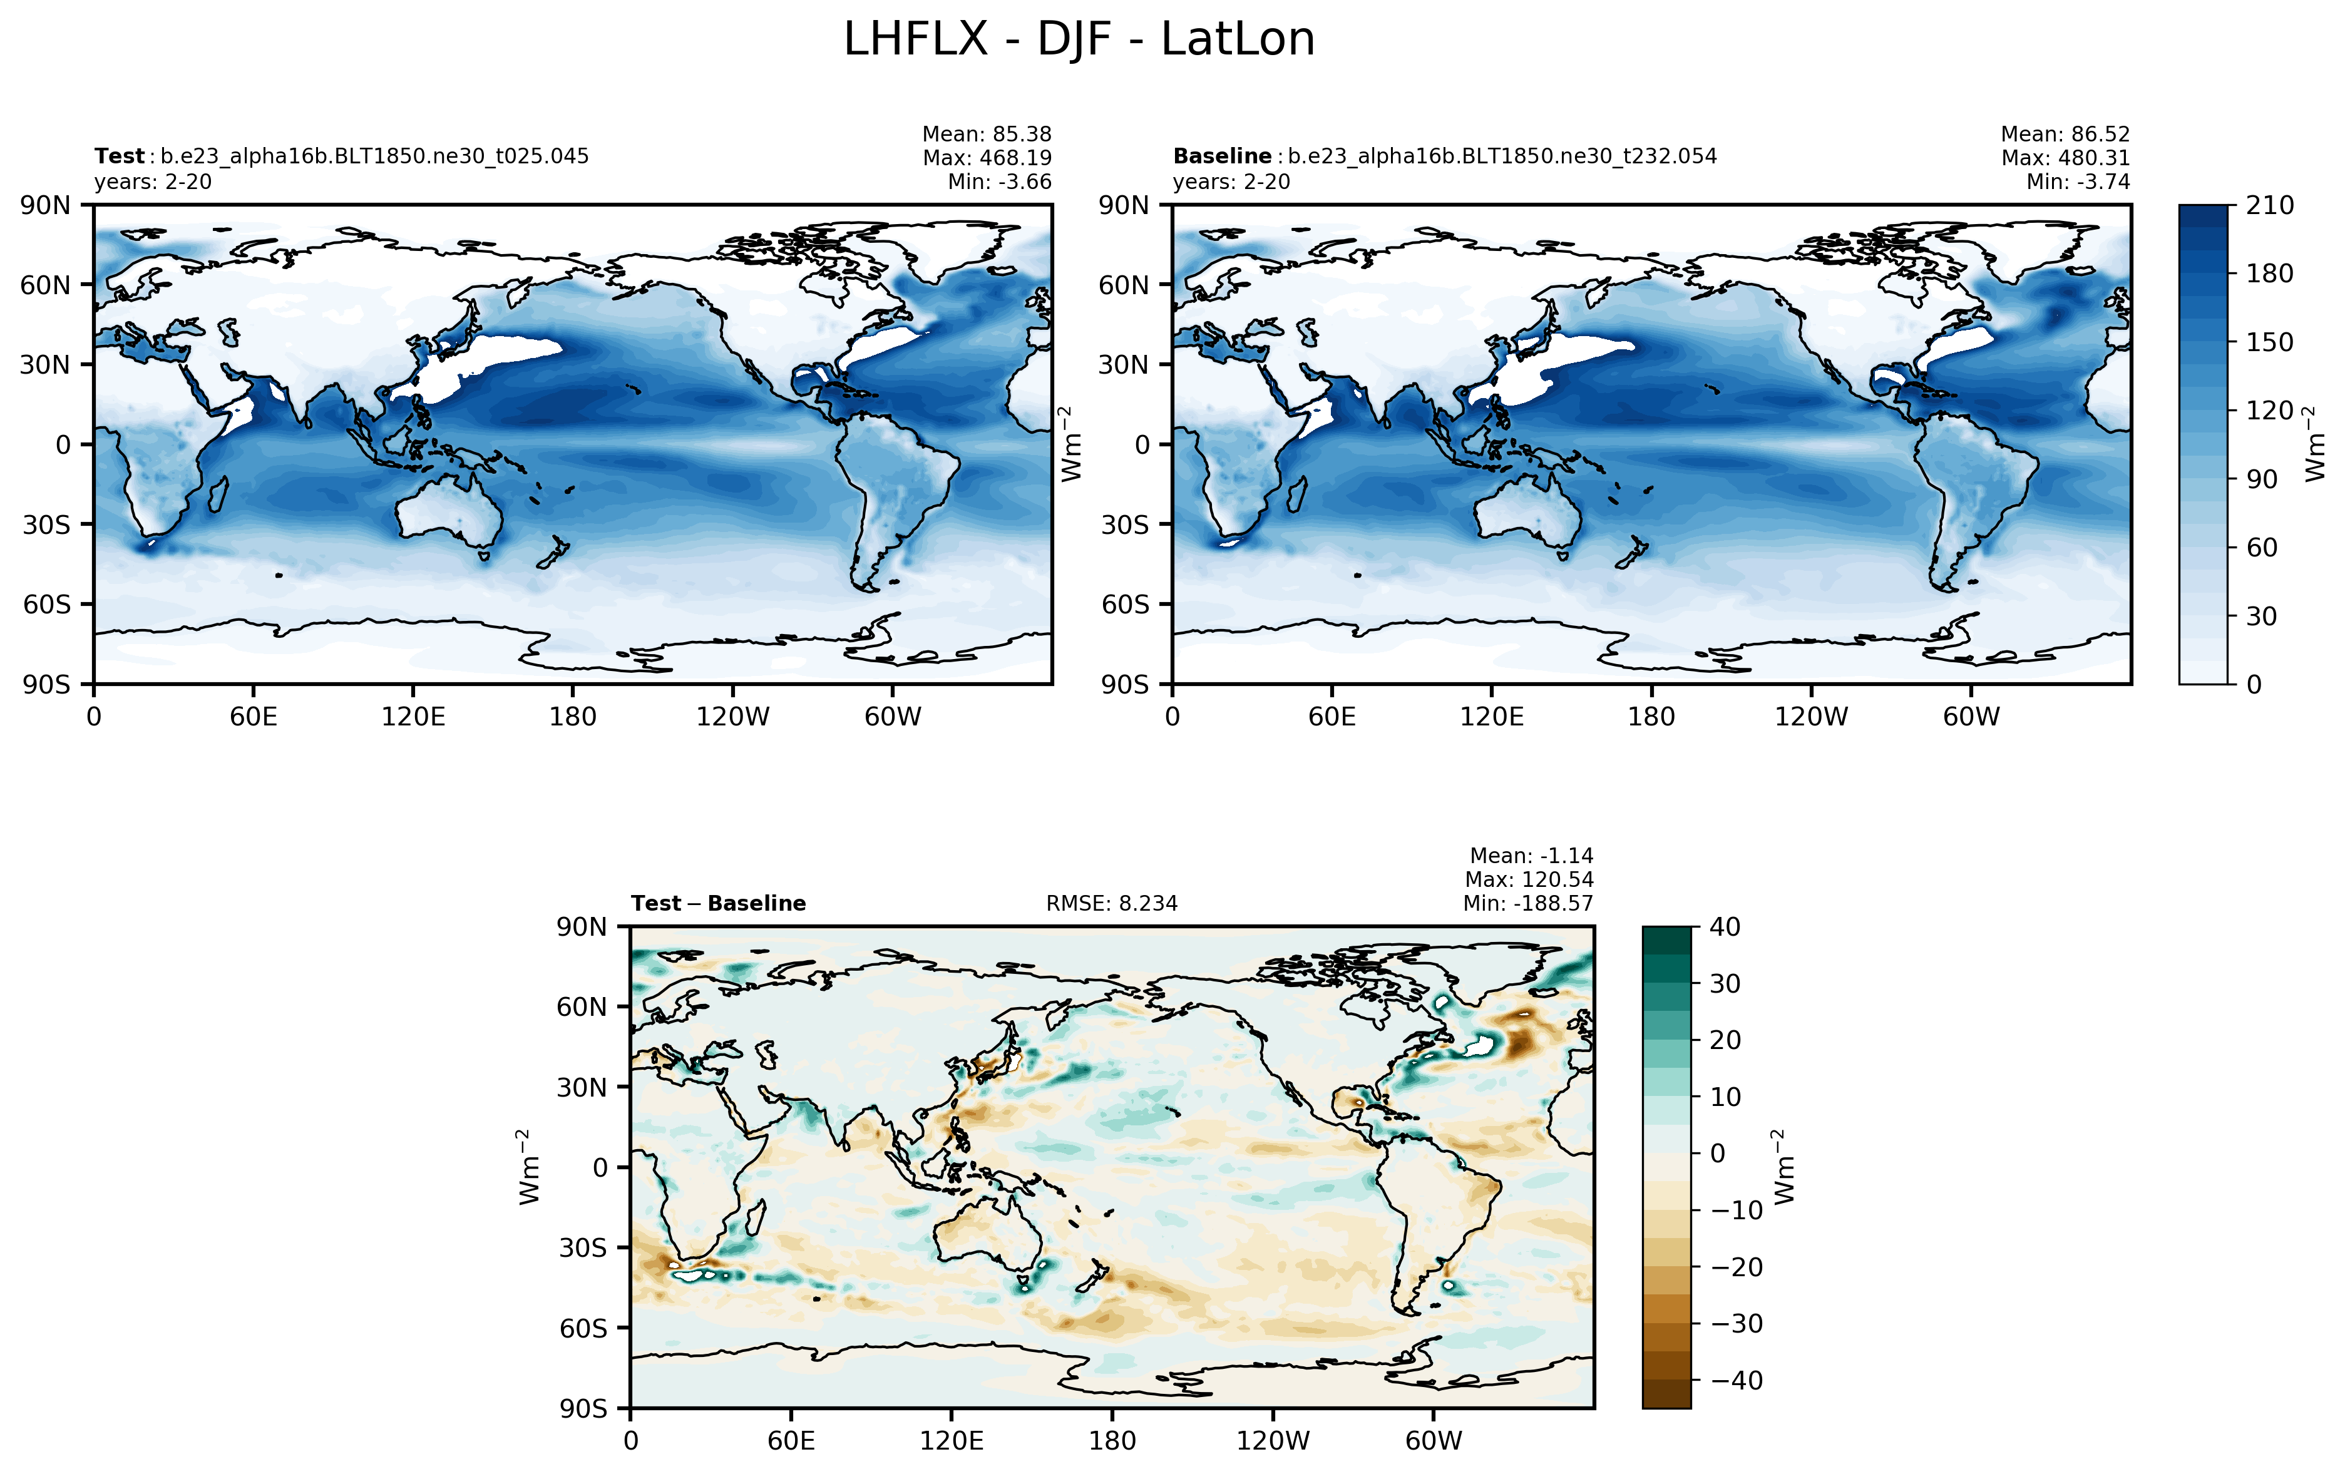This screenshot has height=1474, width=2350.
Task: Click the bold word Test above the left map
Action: click(x=119, y=156)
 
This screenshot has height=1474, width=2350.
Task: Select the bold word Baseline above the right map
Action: click(x=1221, y=156)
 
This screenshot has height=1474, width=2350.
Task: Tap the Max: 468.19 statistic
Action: click(x=987, y=158)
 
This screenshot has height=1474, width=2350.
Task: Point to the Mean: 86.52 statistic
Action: click(x=2065, y=135)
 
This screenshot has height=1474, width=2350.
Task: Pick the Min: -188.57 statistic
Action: click(x=1527, y=904)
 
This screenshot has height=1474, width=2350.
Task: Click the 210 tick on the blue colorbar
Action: click(x=2269, y=206)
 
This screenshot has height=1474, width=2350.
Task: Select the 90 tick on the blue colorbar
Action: click(x=2261, y=479)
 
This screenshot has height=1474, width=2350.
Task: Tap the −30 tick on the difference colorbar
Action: click(x=1737, y=1324)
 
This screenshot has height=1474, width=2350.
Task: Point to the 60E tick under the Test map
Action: click(x=254, y=717)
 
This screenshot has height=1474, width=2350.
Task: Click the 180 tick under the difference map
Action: click(x=1112, y=1441)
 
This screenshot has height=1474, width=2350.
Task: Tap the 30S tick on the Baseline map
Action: click(x=1125, y=525)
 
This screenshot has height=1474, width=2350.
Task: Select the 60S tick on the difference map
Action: click(x=583, y=1329)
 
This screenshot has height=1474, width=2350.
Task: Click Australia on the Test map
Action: click(x=448, y=512)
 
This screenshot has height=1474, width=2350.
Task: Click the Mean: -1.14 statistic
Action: click(x=1531, y=856)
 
